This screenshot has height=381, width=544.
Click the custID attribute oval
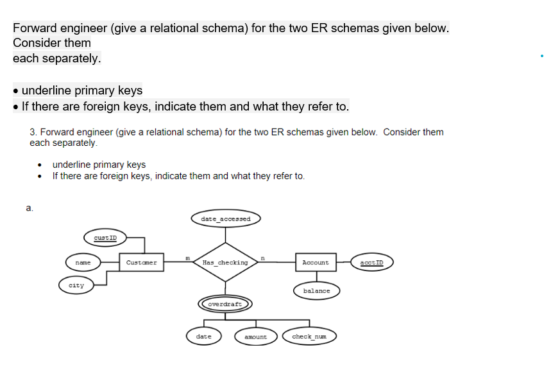[105, 238]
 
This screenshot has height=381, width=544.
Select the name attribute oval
[83, 262]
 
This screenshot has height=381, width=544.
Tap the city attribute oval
[76, 285]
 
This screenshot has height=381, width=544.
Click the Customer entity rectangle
[142, 262]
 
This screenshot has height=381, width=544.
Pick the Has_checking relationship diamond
[225, 262]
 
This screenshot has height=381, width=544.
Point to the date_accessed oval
[225, 219]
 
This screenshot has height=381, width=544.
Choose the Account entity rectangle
[315, 262]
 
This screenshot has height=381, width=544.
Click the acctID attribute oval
[371, 262]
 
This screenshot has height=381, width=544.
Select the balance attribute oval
[316, 290]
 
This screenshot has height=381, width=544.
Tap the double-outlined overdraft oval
[225, 303]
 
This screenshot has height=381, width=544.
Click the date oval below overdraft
[203, 336]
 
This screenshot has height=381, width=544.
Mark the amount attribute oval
[255, 337]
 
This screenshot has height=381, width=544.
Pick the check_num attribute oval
[309, 336]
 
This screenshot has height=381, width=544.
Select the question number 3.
[33, 132]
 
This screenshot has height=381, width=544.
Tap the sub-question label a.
[29, 208]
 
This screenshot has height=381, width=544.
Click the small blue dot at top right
[541, 56]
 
